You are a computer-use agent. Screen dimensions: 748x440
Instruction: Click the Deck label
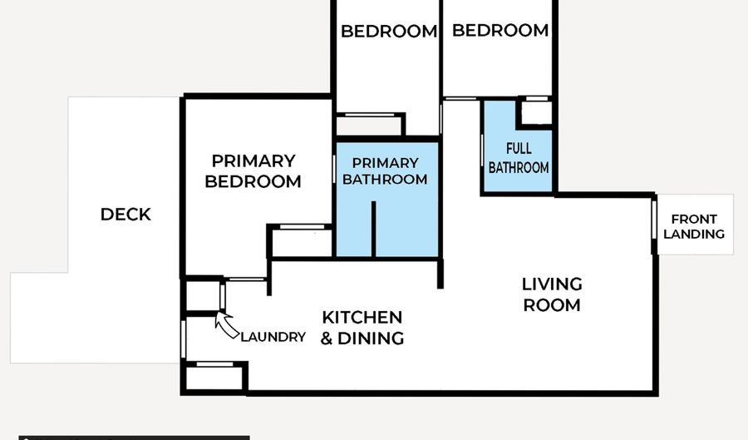(125, 215)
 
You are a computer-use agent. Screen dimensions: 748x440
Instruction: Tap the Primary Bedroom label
(253, 171)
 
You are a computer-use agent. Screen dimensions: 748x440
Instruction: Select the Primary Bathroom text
(385, 171)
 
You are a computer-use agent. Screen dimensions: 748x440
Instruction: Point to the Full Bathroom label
(519, 158)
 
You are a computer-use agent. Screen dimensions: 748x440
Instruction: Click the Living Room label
(552, 294)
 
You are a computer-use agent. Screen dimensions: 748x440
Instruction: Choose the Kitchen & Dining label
(362, 328)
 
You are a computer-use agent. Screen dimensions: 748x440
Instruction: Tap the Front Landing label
(694, 226)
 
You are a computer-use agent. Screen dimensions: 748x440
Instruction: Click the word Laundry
(273, 337)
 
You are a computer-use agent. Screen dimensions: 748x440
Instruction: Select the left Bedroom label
(389, 32)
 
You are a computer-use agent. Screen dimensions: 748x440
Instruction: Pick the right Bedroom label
(500, 31)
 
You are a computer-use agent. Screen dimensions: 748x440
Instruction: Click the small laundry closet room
(203, 296)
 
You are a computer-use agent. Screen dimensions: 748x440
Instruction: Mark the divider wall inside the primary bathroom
(373, 229)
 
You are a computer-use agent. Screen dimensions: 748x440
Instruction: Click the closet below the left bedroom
(369, 126)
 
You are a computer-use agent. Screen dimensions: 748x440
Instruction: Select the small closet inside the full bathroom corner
(536, 113)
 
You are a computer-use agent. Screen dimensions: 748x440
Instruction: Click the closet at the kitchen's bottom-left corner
(214, 378)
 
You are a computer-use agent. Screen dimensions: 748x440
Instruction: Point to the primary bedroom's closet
(302, 243)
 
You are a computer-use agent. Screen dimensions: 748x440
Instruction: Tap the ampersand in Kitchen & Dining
(327, 339)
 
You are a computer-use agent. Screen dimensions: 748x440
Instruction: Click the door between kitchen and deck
(183, 339)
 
